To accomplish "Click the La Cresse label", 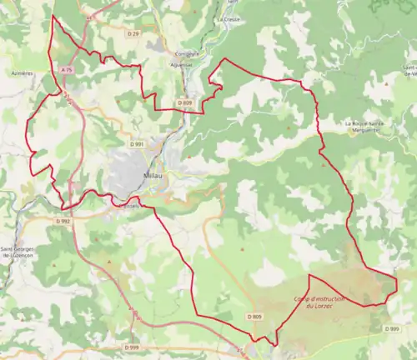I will [227, 18].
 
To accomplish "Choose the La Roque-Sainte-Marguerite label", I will [364, 126].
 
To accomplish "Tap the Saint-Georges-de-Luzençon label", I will [18, 251].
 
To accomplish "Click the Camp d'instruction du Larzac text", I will [319, 302].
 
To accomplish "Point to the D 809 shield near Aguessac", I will [185, 102].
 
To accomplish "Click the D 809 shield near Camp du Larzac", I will [254, 317].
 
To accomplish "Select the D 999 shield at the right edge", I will [392, 328].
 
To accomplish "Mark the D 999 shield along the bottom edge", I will [133, 347].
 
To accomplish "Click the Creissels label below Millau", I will [129, 207].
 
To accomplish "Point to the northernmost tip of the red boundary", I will [53, 15].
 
